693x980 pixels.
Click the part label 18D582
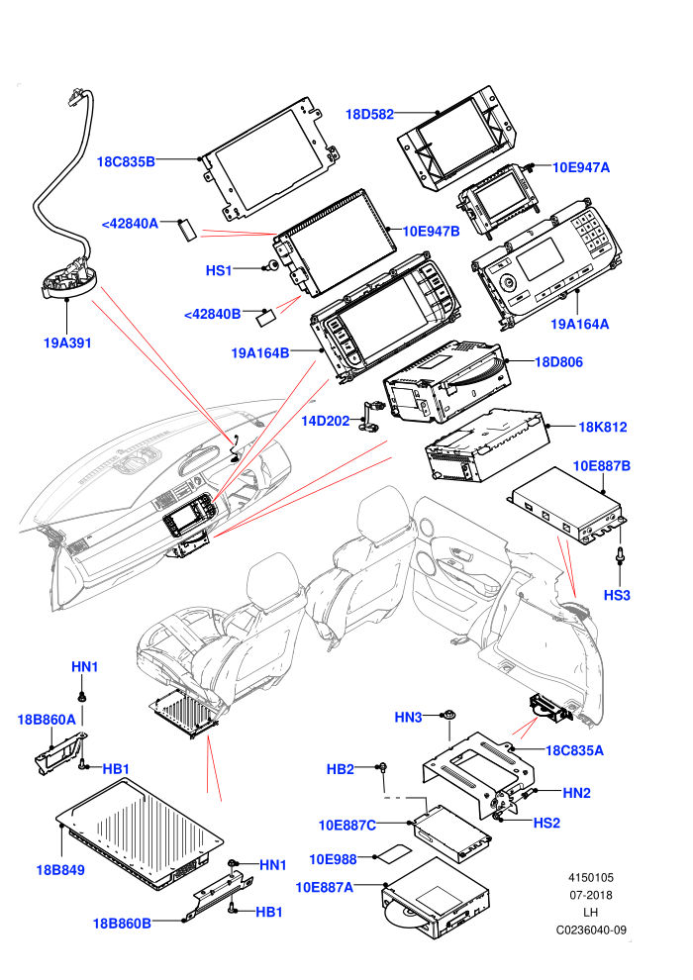[370, 115]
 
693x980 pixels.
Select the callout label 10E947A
[581, 167]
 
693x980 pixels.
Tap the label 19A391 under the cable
[67, 343]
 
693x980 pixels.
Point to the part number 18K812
[603, 427]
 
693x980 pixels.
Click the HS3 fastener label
[617, 595]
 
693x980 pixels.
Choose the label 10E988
[333, 859]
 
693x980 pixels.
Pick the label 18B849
[60, 870]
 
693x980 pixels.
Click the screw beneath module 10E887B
[620, 554]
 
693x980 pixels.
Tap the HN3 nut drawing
[448, 715]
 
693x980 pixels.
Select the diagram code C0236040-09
[591, 930]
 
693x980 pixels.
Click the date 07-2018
[590, 895]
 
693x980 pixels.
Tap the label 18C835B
[126, 162]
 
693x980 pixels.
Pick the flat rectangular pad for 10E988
[397, 853]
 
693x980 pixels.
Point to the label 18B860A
[47, 720]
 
